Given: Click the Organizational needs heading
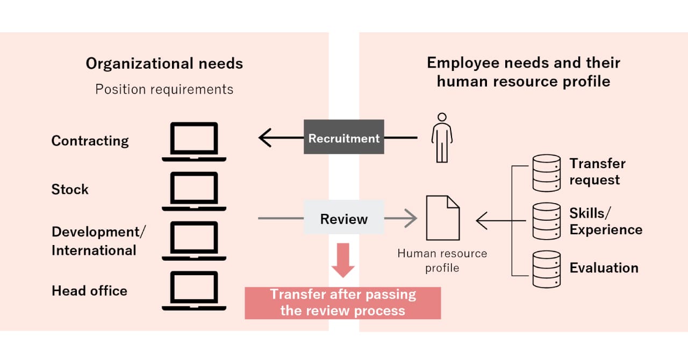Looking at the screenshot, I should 164,63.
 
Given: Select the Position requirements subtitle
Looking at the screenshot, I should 164,89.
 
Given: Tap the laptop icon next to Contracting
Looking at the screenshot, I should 194,142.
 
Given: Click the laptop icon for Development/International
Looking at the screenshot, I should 194,241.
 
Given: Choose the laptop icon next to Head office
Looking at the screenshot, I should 194,291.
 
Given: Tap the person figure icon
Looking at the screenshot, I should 442,138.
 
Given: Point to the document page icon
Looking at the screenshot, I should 443,218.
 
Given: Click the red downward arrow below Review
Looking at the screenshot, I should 343,260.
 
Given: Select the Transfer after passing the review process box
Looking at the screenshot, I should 343,303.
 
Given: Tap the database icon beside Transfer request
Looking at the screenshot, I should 547,173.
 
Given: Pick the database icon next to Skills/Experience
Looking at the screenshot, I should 547,221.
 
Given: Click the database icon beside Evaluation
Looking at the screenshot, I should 547,269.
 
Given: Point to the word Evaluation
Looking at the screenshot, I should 604,268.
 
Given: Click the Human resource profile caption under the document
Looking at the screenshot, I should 442,261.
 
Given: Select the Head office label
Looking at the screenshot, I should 89,291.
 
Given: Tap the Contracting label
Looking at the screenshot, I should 90,141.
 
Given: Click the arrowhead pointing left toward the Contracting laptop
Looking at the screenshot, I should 264,138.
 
